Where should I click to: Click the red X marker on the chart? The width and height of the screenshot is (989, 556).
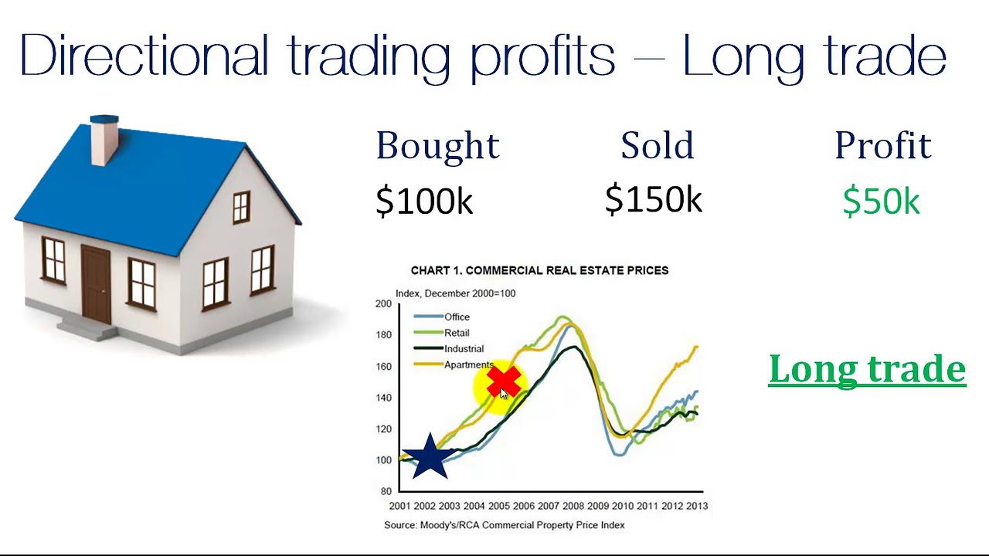click(504, 381)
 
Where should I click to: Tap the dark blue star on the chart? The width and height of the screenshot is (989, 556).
click(428, 457)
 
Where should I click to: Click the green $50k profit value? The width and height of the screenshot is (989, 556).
click(881, 202)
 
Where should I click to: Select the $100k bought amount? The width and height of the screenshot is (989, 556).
click(423, 202)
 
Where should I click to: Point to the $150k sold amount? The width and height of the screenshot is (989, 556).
click(653, 199)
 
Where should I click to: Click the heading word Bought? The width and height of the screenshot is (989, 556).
click(437, 146)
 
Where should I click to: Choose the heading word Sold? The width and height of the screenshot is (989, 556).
click(657, 146)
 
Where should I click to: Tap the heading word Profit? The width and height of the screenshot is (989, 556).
click(882, 146)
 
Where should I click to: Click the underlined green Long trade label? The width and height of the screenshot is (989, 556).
click(867, 368)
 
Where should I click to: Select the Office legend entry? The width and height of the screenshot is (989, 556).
click(457, 317)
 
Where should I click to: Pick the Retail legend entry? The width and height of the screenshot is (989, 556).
click(457, 333)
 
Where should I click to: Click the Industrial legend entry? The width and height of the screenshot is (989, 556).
click(464, 349)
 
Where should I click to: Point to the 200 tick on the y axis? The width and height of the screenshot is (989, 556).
click(383, 303)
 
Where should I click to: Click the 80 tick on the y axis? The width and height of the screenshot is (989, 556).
click(386, 491)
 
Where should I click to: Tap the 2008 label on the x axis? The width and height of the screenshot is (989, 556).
click(573, 506)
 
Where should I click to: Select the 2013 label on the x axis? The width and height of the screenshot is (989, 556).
click(696, 506)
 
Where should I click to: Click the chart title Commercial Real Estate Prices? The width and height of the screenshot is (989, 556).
click(539, 270)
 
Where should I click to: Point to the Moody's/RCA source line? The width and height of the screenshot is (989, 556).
click(504, 525)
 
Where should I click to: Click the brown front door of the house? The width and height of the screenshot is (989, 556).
click(96, 284)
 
